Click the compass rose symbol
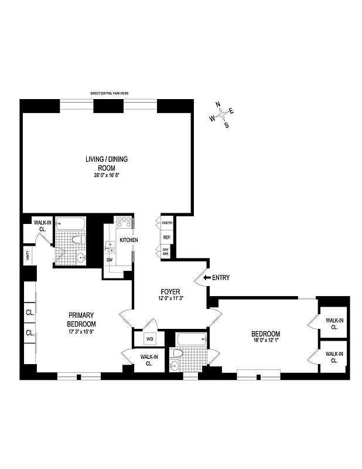point(222,115)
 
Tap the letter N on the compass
point(218,104)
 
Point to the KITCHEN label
point(129,240)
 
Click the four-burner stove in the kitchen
point(124,222)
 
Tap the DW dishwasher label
point(110,260)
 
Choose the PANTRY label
point(167,223)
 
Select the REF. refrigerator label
point(167,237)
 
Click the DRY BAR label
point(167,252)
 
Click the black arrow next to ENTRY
point(207,278)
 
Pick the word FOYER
point(170,291)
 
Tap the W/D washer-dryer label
point(149,338)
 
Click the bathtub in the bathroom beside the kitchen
point(70,224)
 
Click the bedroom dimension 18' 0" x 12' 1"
point(267,341)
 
